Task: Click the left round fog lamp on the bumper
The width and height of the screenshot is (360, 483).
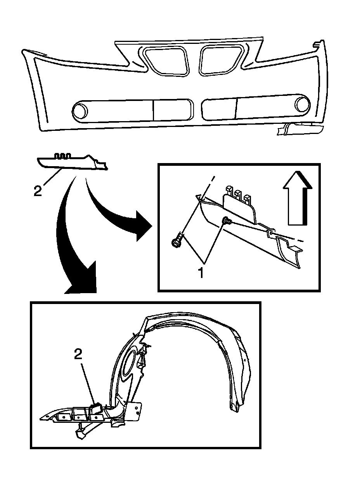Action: [x=81, y=110]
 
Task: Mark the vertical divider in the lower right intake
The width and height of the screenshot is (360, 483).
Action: [x=236, y=107]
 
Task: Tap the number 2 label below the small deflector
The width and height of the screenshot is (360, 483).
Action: [x=37, y=191]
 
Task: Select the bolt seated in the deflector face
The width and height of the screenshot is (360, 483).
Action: [x=226, y=221]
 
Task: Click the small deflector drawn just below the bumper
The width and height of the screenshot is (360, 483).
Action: [x=72, y=162]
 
